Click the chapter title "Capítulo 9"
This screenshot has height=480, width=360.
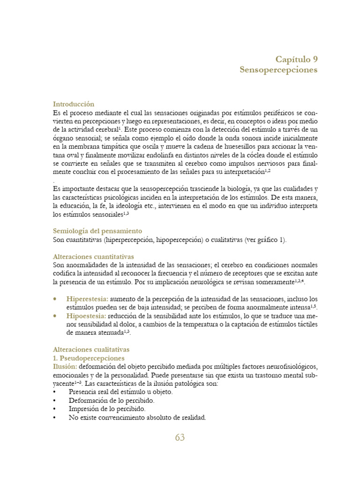tap(296, 59)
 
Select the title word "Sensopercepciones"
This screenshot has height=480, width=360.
tap(278, 70)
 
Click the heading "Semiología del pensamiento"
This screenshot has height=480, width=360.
tap(97, 231)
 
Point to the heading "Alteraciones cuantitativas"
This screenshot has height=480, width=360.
tap(93, 256)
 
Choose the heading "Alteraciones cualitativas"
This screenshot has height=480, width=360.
tap(91, 349)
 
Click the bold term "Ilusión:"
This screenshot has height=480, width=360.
tap(65, 366)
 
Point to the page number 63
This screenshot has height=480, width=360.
tap(180, 437)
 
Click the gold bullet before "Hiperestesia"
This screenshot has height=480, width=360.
tap(56, 299)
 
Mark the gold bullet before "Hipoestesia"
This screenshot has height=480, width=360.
tap(56, 315)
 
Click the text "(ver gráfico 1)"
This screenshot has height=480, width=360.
tap(264, 240)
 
